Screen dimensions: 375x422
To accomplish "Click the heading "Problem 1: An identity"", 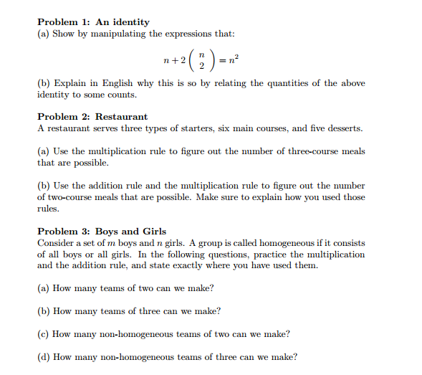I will [93, 22].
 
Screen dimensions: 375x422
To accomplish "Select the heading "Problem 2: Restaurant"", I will [92, 116].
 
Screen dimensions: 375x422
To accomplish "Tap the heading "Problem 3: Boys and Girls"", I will [102, 231].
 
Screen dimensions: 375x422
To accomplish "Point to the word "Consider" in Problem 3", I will [55, 242].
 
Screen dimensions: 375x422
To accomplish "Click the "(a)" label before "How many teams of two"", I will [44, 288].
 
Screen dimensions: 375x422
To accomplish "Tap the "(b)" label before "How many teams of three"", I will [44, 311].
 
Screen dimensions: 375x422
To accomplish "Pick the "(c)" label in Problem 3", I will [44, 334].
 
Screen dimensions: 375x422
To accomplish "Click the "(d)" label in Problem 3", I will [44, 357].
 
